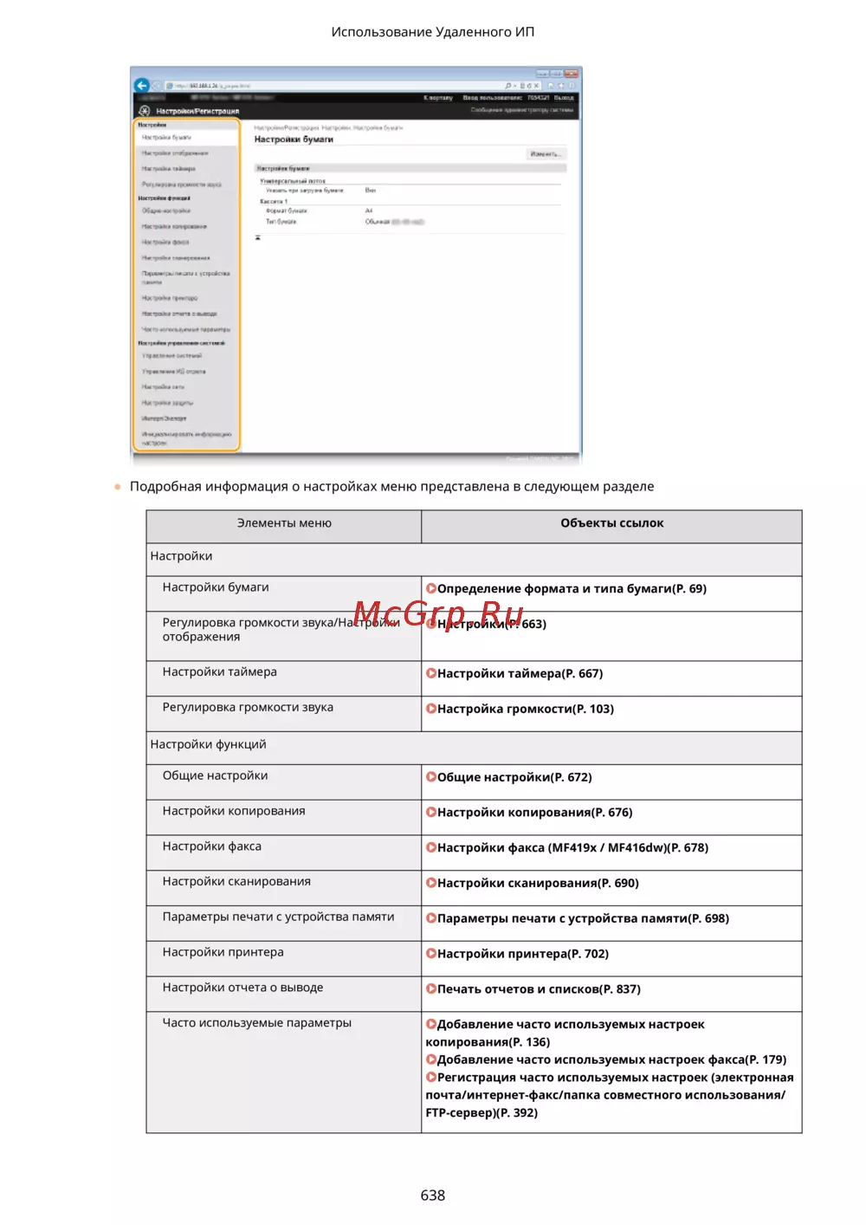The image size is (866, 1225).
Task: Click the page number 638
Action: pyautogui.click(x=432, y=1195)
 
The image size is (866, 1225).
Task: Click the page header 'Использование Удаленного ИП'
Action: pyautogui.click(x=432, y=32)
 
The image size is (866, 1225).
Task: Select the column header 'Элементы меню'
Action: pyautogui.click(x=284, y=523)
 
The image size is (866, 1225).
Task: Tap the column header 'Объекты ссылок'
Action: pyautogui.click(x=611, y=523)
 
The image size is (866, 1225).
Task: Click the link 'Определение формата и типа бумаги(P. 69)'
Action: pyautogui.click(x=571, y=589)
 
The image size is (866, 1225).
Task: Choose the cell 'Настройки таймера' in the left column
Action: pyautogui.click(x=220, y=672)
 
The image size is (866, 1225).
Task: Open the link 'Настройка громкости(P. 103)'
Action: pyautogui.click(x=525, y=709)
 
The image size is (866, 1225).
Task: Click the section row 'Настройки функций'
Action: pyautogui.click(x=209, y=744)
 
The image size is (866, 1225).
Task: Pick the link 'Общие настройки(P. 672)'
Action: pyautogui.click(x=514, y=777)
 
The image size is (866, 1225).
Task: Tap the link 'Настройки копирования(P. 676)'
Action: pyautogui.click(x=534, y=813)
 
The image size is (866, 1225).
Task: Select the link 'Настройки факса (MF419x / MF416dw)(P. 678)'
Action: pyautogui.click(x=572, y=848)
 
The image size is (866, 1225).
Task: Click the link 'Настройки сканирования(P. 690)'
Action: pyautogui.click(x=537, y=883)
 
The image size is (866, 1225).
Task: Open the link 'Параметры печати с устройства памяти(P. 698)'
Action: pyautogui.click(x=582, y=918)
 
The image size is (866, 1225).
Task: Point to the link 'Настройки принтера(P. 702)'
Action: pyautogui.click(x=522, y=954)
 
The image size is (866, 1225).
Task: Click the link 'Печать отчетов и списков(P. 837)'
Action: pyautogui.click(x=538, y=989)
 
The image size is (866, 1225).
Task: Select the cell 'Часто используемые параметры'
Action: pyautogui.click(x=257, y=1023)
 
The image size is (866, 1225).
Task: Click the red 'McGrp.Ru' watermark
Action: pyautogui.click(x=438, y=613)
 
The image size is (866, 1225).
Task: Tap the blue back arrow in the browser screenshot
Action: pyautogui.click(x=142, y=85)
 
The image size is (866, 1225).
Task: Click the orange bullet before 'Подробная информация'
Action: pyautogui.click(x=118, y=487)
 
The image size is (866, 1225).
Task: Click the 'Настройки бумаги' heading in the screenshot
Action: pyautogui.click(x=294, y=139)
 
